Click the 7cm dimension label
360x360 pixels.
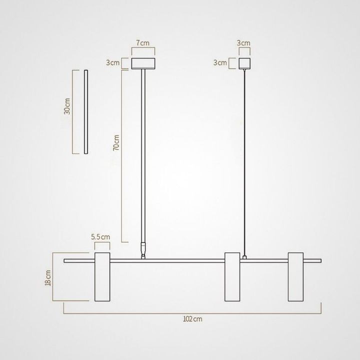tap(143, 43)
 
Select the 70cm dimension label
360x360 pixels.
tap(116, 142)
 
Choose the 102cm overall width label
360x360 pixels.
tap(192, 318)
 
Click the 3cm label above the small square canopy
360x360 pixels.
tap(244, 43)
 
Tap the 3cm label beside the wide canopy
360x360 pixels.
tap(112, 63)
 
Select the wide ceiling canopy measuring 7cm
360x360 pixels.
tap(143, 63)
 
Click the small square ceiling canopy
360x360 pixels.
tap(244, 63)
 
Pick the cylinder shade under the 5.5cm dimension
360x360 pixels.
tap(102, 277)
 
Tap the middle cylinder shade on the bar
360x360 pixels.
tap(232, 277)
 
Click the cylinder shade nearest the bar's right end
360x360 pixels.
tap(296, 277)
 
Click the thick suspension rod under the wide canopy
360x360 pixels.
tap(144, 155)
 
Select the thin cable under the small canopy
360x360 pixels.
tap(244, 160)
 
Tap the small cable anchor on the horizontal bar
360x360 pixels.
tap(244, 257)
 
